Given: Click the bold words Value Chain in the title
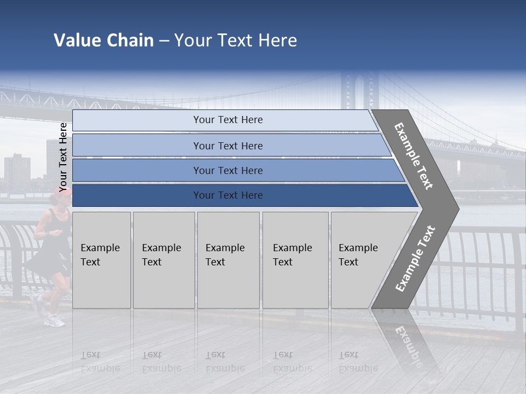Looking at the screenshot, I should pos(104,40).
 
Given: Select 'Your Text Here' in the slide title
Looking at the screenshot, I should pos(236,40).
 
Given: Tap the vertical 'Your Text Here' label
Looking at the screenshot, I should pos(63,157).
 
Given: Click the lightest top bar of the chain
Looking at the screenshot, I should pos(227,120).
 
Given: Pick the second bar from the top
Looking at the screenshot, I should pos(227,146).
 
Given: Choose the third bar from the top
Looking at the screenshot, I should pos(227,171).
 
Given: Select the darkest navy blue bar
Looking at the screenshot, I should pos(227,195).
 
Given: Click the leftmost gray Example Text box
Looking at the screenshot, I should pos(101,260).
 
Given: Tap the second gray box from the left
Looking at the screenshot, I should pos(163,260).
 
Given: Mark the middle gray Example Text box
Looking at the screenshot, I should pos(228,260).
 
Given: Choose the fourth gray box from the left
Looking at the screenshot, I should pos(295,260).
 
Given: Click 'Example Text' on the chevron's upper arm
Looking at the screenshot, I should pos(414,156).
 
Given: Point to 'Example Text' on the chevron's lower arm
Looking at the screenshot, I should pos(415,258).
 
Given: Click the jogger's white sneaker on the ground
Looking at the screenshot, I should pos(55,321).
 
